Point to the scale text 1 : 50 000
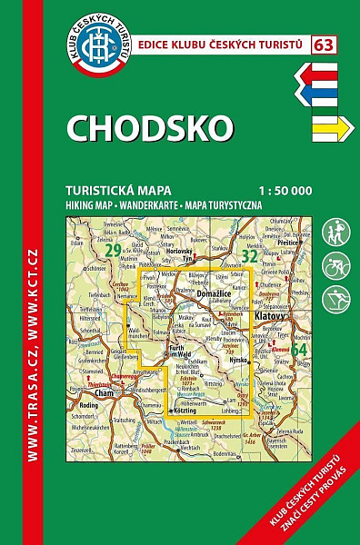(285, 190)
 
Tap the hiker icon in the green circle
(335, 234)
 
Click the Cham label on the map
(107, 393)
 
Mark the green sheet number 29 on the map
(113, 250)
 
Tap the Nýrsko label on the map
(240, 361)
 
